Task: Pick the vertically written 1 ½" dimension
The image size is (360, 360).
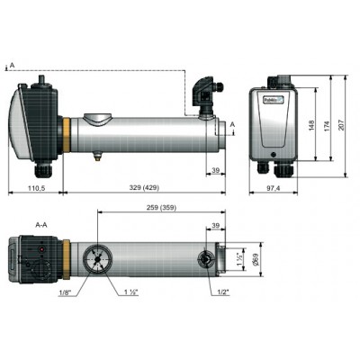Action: click(x=239, y=258)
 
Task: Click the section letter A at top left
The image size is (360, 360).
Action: click(x=10, y=65)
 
